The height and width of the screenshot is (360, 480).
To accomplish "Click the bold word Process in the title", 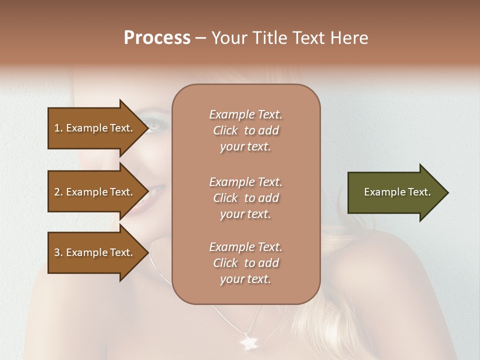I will click(x=157, y=38).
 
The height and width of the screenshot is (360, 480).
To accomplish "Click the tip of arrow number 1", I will click(x=148, y=128).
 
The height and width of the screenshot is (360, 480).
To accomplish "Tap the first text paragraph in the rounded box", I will click(x=245, y=130).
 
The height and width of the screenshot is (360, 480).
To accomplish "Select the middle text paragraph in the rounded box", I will click(x=245, y=198).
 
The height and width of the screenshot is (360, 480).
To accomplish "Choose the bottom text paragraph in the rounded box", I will click(x=245, y=263).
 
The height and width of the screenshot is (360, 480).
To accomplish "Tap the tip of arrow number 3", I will click(x=148, y=252).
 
